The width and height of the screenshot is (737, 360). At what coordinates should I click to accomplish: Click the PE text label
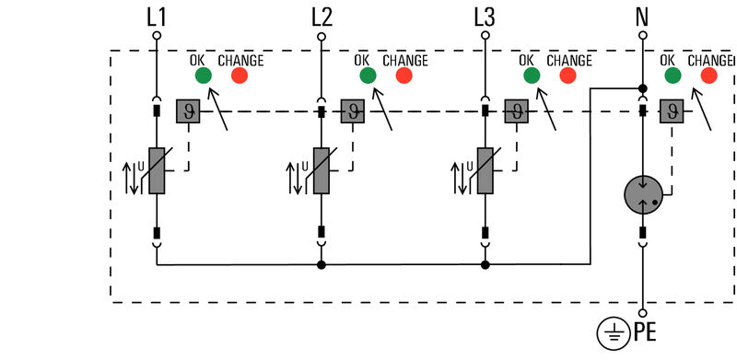tap(646, 331)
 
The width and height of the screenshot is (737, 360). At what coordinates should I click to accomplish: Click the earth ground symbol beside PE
tap(612, 331)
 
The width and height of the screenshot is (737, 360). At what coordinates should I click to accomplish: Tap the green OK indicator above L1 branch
tap(204, 75)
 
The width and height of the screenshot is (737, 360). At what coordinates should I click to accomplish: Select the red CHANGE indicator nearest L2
tap(404, 75)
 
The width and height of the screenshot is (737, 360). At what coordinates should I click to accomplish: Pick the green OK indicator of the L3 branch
tap(531, 75)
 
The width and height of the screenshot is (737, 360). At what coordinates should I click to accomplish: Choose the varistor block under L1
tap(157, 170)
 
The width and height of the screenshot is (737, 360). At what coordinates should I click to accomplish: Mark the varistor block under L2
tap(321, 170)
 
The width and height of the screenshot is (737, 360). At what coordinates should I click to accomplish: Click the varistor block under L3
tap(485, 170)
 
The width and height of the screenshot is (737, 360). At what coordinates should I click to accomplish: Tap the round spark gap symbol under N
tap(643, 194)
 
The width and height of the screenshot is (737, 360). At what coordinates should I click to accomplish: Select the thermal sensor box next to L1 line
tap(188, 111)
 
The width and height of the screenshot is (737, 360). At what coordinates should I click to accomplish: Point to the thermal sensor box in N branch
tap(672, 111)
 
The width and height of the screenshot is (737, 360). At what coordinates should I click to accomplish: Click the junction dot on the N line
tap(643, 88)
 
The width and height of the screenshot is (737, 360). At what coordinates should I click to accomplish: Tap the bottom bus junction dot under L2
tap(321, 265)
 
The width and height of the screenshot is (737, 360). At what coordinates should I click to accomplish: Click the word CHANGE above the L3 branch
tap(569, 61)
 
